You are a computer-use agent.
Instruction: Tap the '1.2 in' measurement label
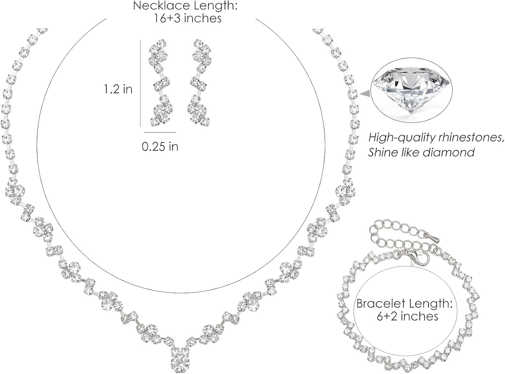pyautogui.click(x=118, y=89)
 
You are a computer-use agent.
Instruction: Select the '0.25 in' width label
pyautogui.click(x=160, y=146)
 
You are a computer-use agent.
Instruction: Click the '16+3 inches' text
pyautogui.click(x=188, y=18)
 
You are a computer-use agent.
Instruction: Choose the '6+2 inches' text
pyautogui.click(x=407, y=316)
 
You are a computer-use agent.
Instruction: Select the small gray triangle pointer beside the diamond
pyautogui.click(x=364, y=94)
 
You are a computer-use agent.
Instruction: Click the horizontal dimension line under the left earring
pyautogui.click(x=160, y=132)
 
